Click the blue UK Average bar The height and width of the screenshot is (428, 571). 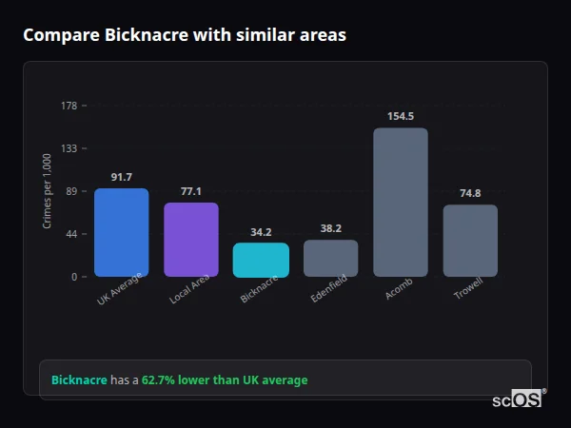121,233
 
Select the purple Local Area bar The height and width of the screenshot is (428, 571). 191,240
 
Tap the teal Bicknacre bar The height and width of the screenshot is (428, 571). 261,260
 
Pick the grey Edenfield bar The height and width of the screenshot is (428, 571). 331,258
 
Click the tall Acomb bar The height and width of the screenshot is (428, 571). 401,203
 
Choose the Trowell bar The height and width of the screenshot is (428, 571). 470,241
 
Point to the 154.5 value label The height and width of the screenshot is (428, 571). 401,116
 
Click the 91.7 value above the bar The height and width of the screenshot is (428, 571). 121,177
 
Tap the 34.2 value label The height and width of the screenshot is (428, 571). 261,232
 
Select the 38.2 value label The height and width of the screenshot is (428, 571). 331,228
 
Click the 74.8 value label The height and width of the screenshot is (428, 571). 470,193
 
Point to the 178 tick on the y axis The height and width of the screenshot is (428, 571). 69,106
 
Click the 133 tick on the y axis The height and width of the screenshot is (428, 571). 69,148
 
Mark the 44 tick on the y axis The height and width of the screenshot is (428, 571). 71,234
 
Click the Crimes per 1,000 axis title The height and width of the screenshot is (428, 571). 48,191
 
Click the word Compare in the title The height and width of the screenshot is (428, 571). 55,35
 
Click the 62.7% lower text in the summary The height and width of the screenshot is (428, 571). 175,380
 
